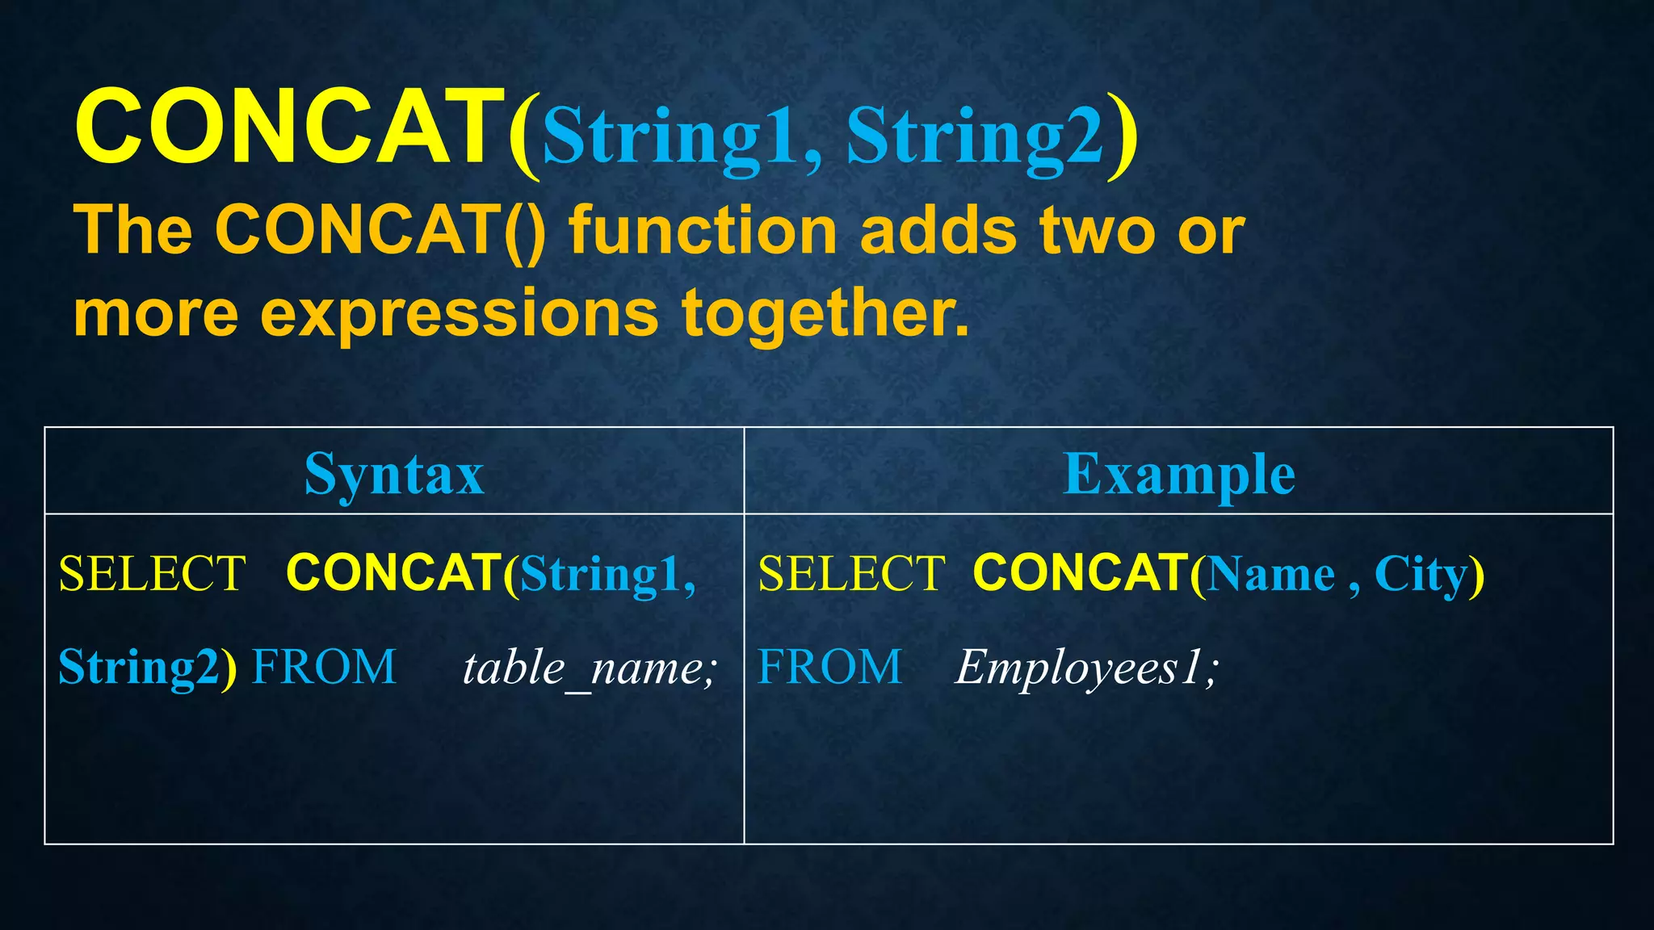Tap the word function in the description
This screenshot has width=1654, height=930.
click(x=703, y=232)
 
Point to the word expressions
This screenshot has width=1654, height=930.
click(x=459, y=315)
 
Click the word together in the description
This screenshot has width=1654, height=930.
click(x=824, y=315)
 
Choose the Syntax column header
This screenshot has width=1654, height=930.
click(x=394, y=475)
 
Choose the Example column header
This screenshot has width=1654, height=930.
click(x=1179, y=475)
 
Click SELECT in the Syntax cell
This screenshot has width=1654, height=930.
click(x=152, y=574)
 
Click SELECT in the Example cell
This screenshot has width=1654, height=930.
click(x=851, y=574)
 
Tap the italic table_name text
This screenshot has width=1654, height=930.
click(x=590, y=668)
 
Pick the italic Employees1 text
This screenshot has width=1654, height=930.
click(x=1085, y=668)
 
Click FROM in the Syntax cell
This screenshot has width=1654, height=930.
click(x=325, y=668)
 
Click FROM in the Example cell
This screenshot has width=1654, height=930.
click(x=829, y=668)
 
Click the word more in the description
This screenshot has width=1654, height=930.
click(x=156, y=315)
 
